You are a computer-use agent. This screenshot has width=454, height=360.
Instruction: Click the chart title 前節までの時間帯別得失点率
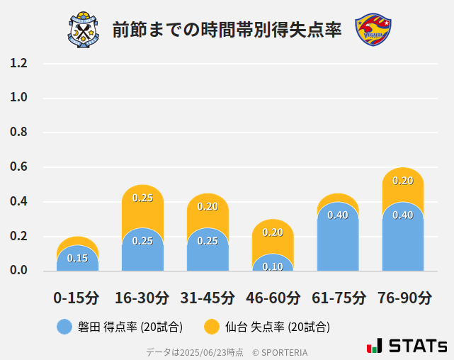pos(227,30)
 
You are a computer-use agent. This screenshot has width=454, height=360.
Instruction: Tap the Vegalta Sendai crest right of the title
pos(373,30)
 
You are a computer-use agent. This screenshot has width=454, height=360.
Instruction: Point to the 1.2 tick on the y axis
pos(18,63)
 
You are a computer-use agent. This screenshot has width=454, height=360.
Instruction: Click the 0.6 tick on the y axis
pos(18,167)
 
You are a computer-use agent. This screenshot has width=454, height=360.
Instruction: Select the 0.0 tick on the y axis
pos(18,271)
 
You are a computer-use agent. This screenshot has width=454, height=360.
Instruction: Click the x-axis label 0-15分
pos(77,297)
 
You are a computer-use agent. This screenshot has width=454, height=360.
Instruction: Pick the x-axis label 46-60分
pos(273,297)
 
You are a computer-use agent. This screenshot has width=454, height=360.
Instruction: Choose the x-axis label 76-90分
pos(403,297)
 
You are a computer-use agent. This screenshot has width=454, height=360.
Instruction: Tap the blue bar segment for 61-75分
pos(338,237)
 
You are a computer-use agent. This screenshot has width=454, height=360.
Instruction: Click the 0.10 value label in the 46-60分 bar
pos(273,266)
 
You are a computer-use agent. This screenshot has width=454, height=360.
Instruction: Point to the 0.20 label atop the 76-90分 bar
pos(403,181)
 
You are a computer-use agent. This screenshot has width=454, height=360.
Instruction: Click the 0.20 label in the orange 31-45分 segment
pos(208,206)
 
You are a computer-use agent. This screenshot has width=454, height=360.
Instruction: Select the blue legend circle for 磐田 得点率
pos(64,327)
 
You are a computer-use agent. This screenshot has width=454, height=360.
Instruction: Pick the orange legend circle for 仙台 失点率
pos(211,327)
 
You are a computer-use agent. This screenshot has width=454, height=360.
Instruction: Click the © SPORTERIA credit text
pos(280,352)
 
